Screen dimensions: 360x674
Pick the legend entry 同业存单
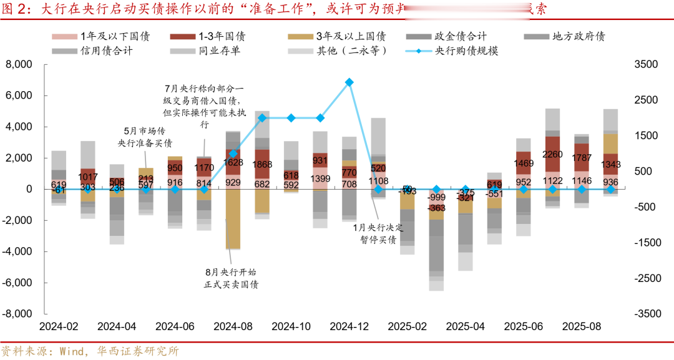[218, 51]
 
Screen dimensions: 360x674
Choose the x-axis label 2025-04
[466, 327]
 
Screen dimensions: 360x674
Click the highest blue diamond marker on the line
[349, 82]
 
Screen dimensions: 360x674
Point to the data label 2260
[552, 155]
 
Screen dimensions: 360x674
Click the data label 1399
[320, 179]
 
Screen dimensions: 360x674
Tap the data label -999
[437, 197]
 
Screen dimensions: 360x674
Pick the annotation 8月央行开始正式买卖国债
[232, 278]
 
